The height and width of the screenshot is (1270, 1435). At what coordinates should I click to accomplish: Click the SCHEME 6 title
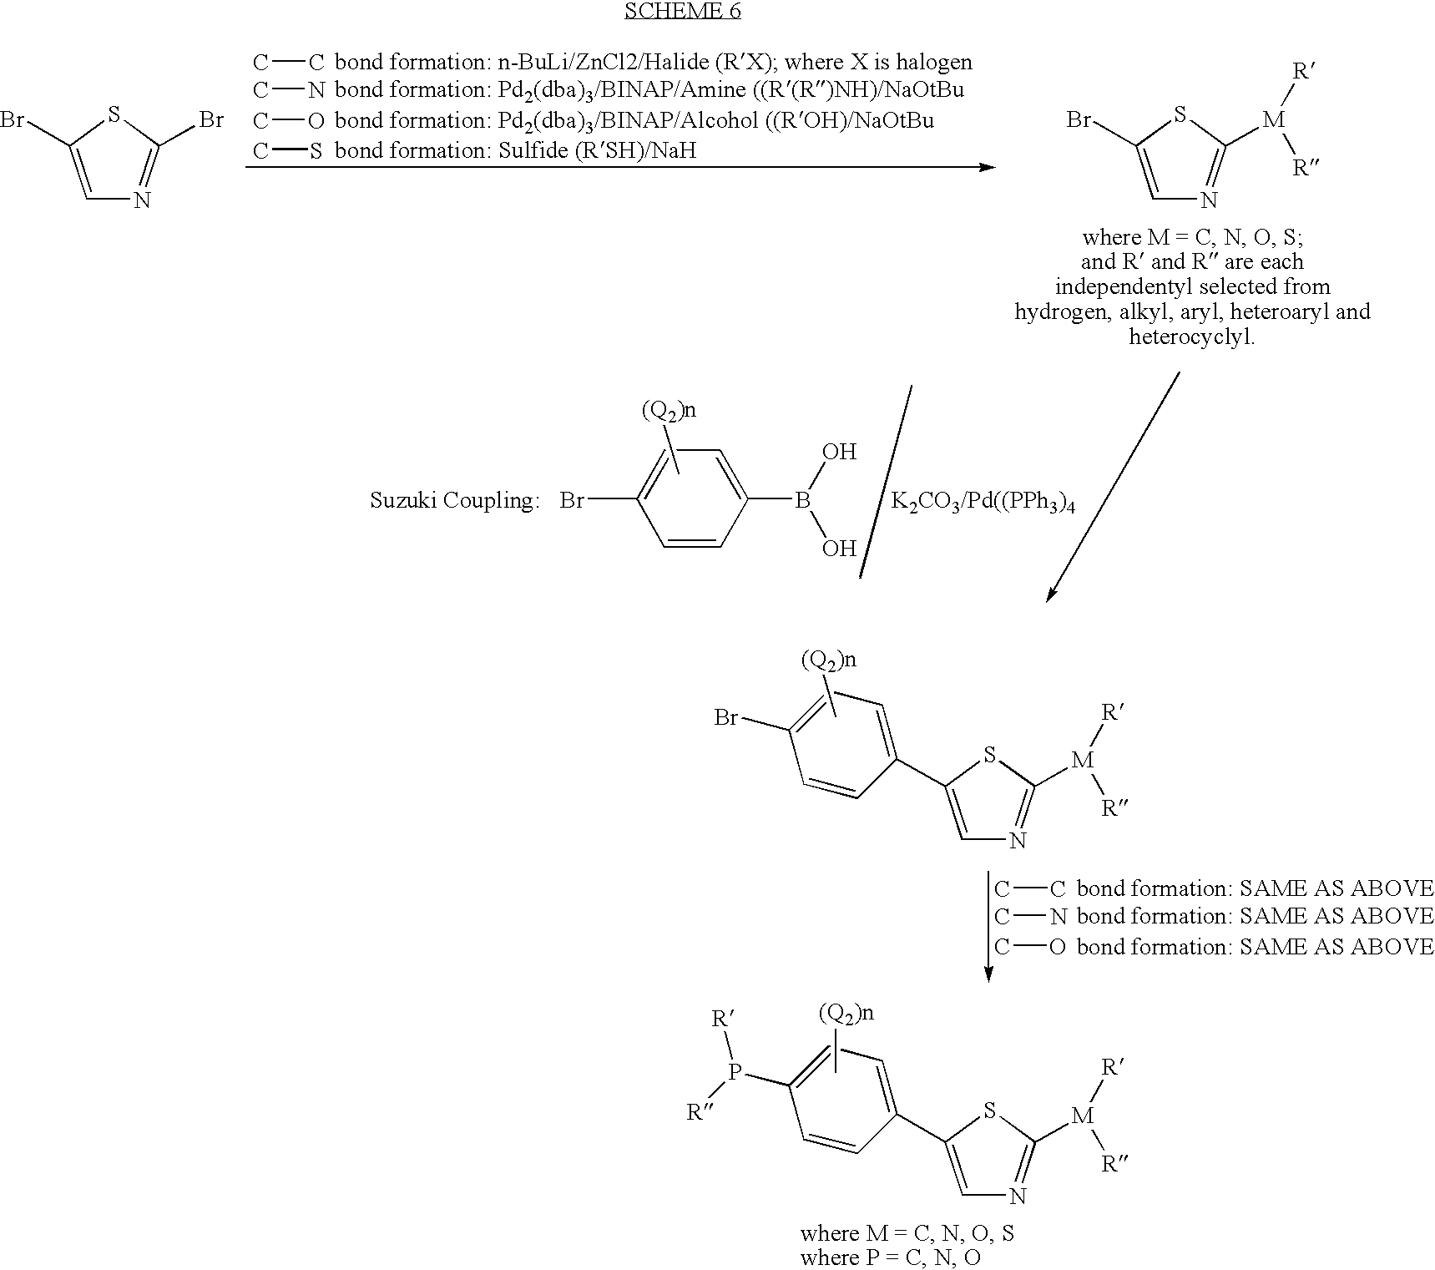(x=682, y=11)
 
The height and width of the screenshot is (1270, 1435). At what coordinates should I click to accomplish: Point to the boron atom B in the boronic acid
(x=802, y=500)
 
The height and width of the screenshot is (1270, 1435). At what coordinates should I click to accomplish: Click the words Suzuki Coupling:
(x=454, y=501)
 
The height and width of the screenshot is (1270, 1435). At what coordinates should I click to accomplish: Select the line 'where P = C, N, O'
(x=890, y=1257)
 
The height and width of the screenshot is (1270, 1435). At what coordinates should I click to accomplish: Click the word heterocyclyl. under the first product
(x=1192, y=337)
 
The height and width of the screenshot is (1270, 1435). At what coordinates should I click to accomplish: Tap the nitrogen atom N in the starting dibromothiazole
(x=143, y=200)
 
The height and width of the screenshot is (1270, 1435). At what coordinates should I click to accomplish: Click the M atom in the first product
(x=1273, y=119)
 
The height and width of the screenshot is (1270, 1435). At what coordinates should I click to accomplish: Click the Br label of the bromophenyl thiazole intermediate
(x=726, y=717)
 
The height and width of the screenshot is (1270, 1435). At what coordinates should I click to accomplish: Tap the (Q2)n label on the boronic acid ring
(x=669, y=410)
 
